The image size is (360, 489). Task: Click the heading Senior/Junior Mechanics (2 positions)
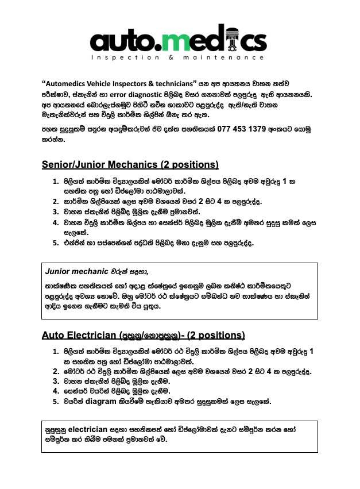[x=130, y=165]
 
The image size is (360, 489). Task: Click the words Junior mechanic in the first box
[x=77, y=271]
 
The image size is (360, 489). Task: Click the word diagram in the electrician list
[x=100, y=402]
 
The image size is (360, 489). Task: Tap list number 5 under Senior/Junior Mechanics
[x=56, y=243]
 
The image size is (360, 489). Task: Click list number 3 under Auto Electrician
[x=56, y=381]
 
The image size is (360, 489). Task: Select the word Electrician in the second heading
[x=90, y=335]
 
